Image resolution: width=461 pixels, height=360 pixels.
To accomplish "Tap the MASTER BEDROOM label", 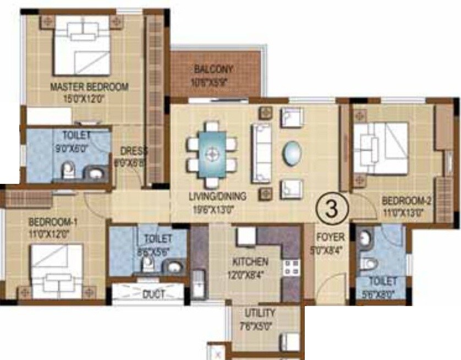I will pyautogui.click(x=89, y=87).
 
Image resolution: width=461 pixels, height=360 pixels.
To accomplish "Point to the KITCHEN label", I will pyautogui.click(x=250, y=261).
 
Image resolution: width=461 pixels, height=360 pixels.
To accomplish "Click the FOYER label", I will pyautogui.click(x=330, y=237).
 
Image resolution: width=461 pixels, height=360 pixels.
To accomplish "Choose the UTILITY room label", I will pyautogui.click(x=260, y=313).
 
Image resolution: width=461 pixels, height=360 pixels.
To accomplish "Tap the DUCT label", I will pyautogui.click(x=153, y=294).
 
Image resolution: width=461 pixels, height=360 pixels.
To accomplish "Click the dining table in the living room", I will pyautogui.click(x=212, y=154).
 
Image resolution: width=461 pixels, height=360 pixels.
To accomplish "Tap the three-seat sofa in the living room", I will pyautogui.click(x=261, y=153).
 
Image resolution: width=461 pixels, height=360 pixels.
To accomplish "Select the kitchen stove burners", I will pyautogui.click(x=291, y=268).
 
